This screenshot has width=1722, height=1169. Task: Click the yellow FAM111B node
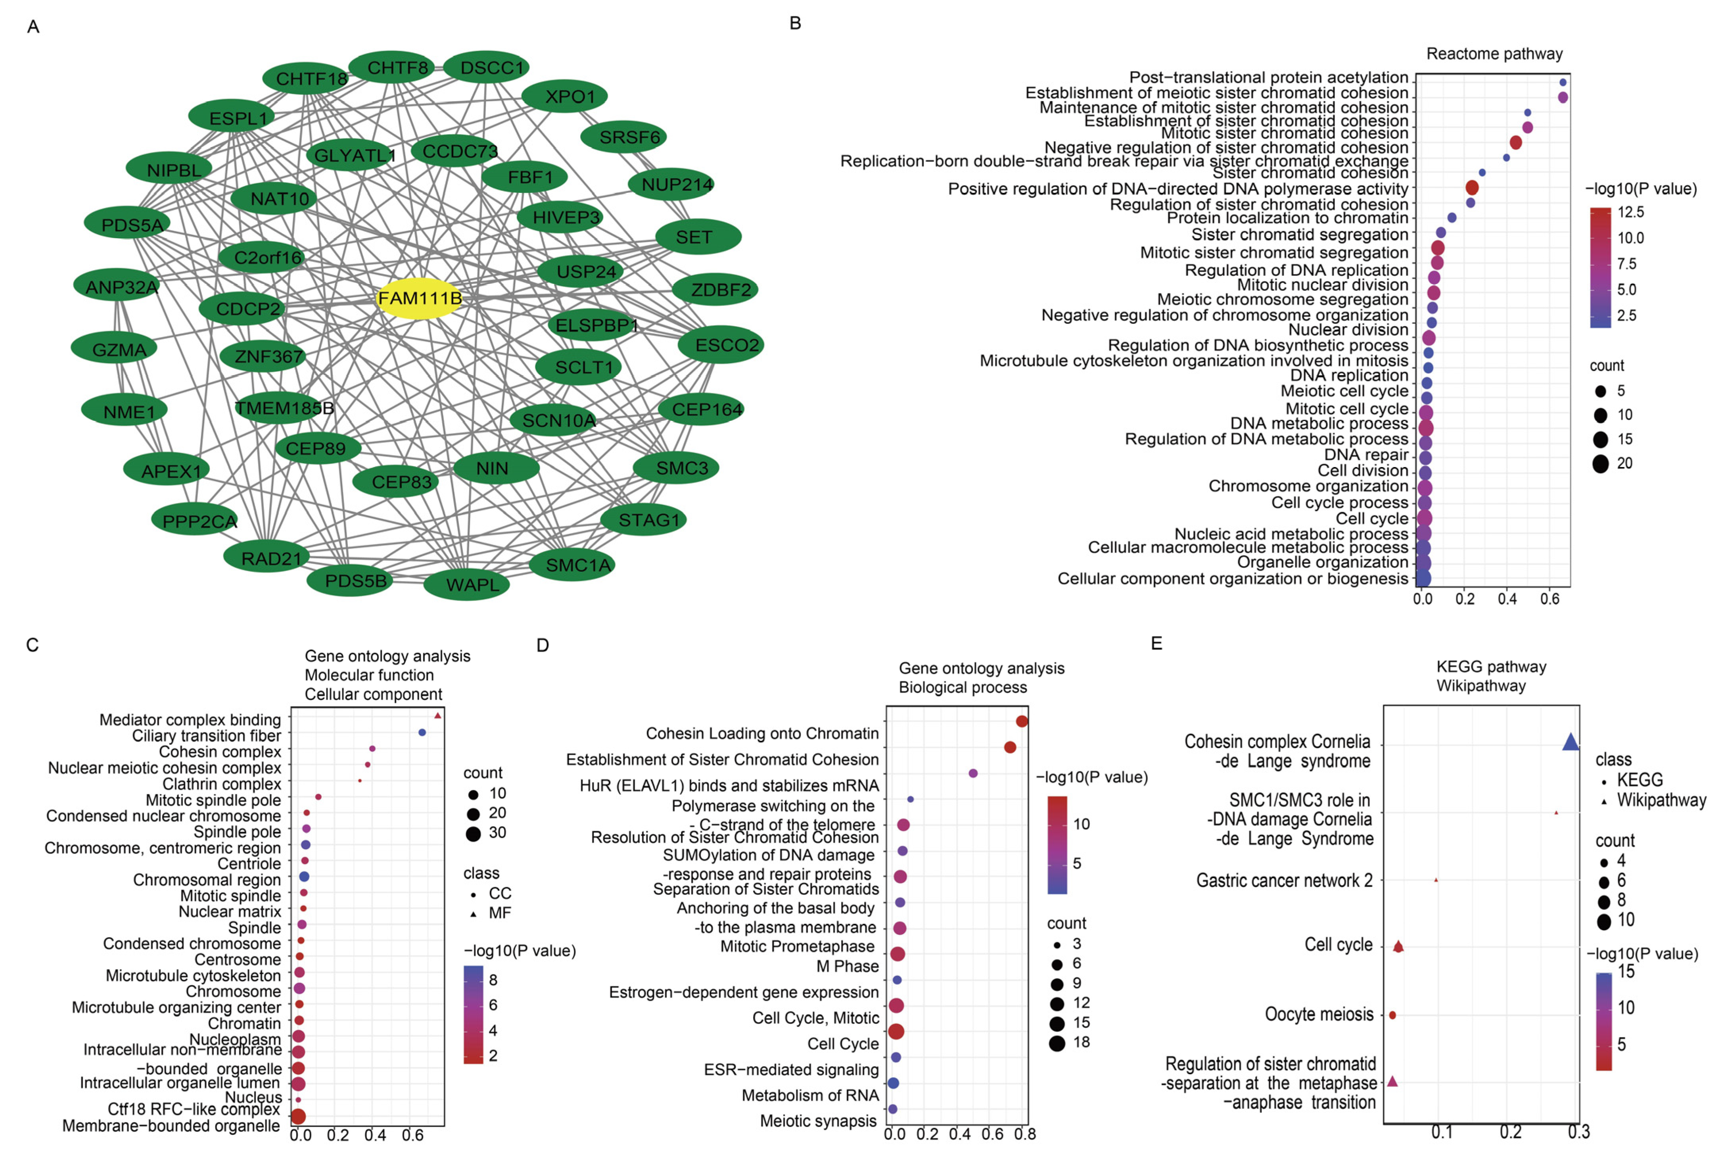[x=419, y=299]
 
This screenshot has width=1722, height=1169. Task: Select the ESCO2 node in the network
[x=721, y=346]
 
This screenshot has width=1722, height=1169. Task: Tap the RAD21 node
[x=267, y=558]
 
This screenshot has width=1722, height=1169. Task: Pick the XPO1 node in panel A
[x=565, y=96]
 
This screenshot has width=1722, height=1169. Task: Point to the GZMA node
[x=115, y=349]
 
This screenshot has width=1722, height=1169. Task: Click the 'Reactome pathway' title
[x=1494, y=54]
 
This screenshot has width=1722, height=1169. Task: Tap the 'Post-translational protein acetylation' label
[x=1268, y=77]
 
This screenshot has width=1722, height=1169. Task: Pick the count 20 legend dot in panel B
[x=1601, y=464]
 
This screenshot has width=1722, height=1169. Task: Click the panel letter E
[x=1156, y=644]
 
